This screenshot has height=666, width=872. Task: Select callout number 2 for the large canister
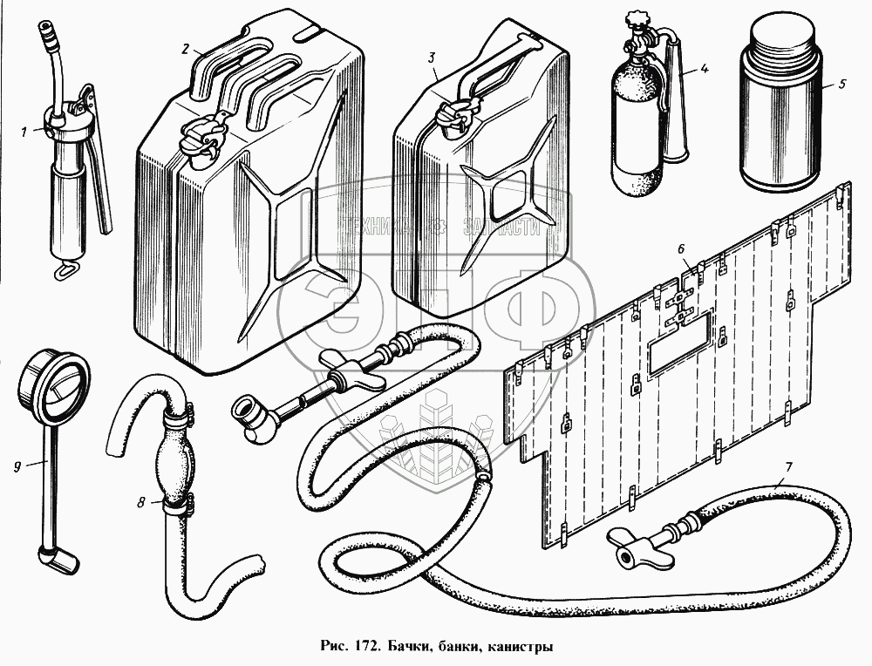point(185,49)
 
